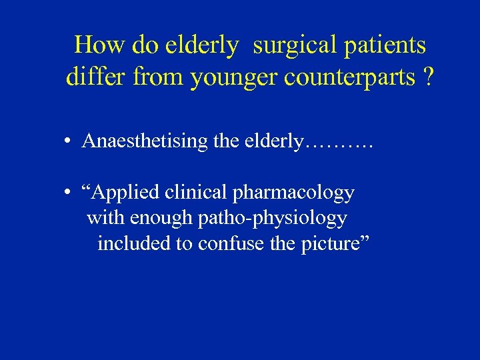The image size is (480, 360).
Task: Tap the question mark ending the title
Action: coord(427,78)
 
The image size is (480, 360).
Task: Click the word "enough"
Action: coord(161,218)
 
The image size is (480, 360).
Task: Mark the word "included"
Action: coord(134,243)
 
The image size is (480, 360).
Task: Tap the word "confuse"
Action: coord(229,243)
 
